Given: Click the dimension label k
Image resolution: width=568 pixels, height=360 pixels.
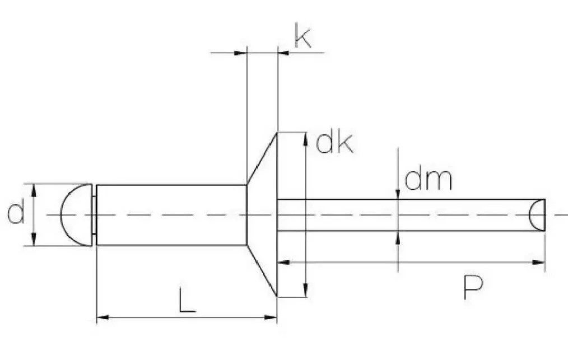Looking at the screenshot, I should click(303, 38).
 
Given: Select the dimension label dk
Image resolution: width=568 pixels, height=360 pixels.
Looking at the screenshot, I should click(334, 144).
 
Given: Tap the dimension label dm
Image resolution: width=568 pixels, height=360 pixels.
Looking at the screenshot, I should click(428, 179).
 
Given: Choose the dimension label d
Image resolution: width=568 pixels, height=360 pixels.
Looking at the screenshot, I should click(16, 214).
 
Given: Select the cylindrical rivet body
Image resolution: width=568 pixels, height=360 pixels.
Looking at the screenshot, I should click(171, 214).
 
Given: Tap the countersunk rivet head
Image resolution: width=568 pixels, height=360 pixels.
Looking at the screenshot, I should click(263, 214).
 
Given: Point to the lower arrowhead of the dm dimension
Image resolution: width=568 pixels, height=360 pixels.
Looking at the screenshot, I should click(398, 237).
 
